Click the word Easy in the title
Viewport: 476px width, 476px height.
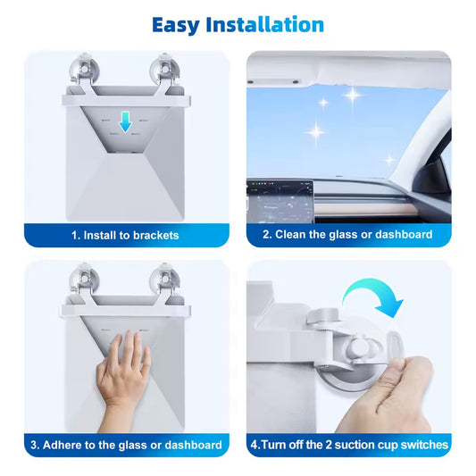pyautogui.click(x=177, y=24)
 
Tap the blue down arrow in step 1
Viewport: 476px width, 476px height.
pyautogui.click(x=126, y=122)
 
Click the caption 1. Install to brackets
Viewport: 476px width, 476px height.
pyautogui.click(x=126, y=235)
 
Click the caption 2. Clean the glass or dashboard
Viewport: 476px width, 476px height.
pyautogui.click(x=347, y=235)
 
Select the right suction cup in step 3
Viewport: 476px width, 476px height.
pyautogui.click(x=164, y=276)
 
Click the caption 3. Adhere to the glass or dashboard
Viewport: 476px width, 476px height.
pyautogui.click(x=126, y=445)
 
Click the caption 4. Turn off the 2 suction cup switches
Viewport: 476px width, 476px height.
pyautogui.click(x=347, y=445)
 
